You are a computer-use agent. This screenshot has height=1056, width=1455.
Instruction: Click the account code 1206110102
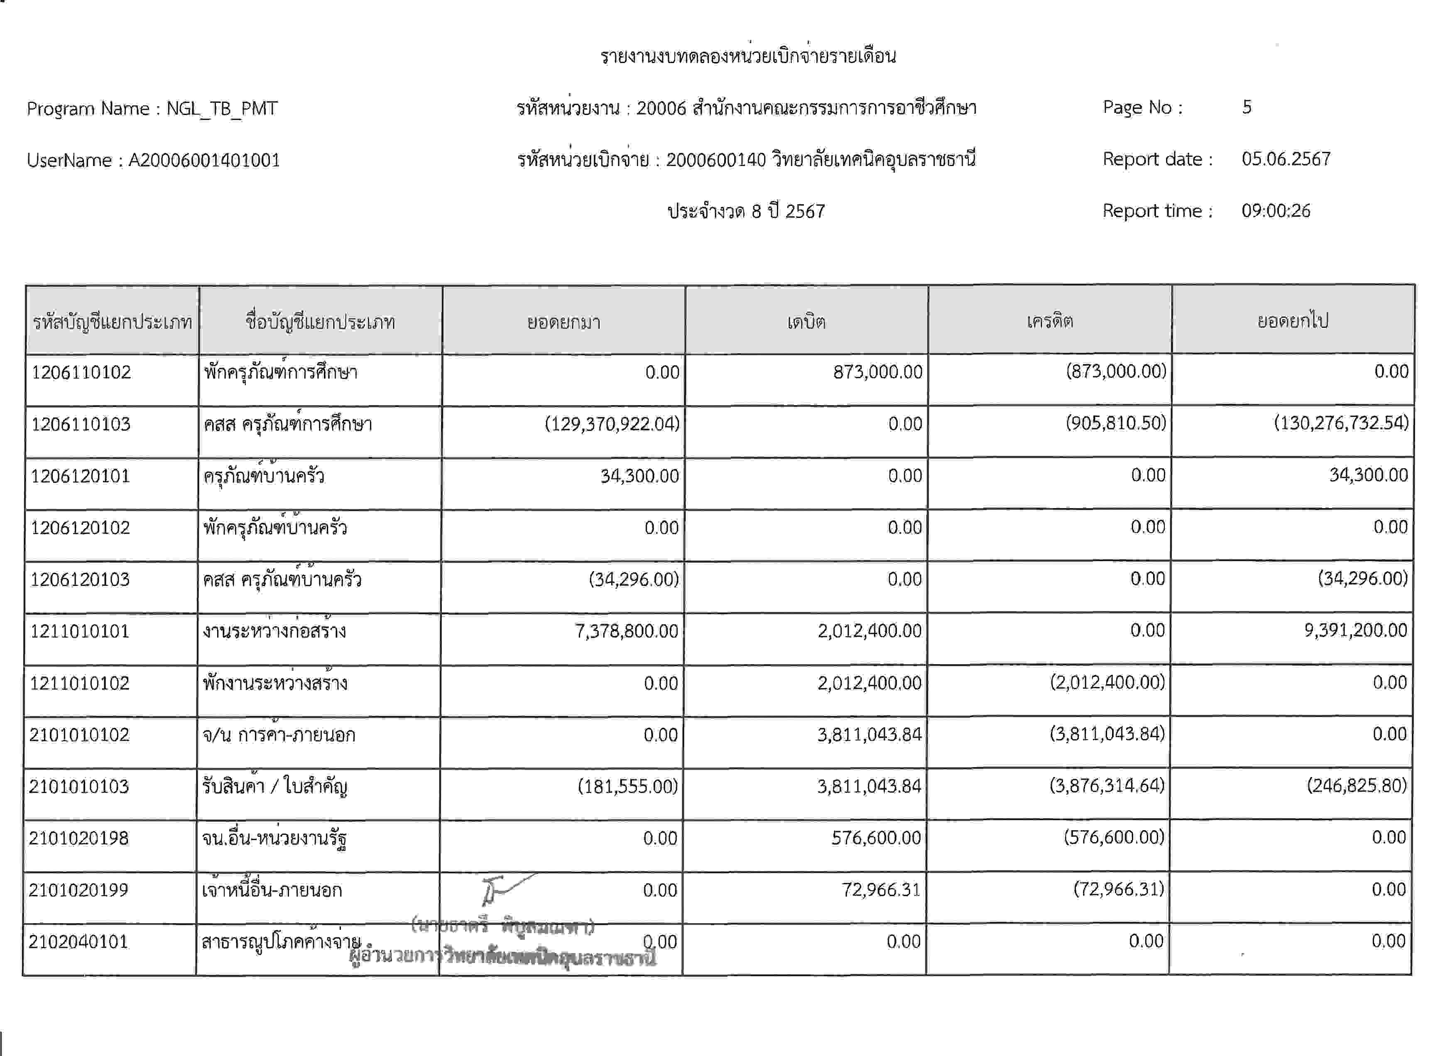pyautogui.click(x=81, y=372)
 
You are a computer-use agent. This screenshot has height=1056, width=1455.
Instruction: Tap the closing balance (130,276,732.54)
pyautogui.click(x=1341, y=423)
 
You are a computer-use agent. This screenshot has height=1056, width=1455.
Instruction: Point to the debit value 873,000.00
pyautogui.click(x=878, y=372)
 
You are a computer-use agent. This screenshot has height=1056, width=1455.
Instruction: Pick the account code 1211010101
pyautogui.click(x=80, y=631)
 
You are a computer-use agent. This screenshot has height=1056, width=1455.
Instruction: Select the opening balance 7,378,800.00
pyautogui.click(x=626, y=631)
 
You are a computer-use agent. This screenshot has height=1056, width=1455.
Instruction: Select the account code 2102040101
pyautogui.click(x=78, y=942)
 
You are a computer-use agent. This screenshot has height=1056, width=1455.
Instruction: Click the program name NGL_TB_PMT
pyautogui.click(x=222, y=108)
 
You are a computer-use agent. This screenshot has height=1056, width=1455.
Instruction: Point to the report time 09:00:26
pyautogui.click(x=1275, y=211)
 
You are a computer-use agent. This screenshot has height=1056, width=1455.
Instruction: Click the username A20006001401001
pyautogui.click(x=204, y=160)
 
